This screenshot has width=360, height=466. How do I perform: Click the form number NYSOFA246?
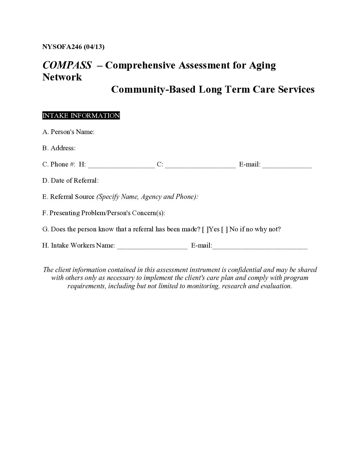tap(62, 47)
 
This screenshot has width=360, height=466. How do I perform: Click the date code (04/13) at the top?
tap(94, 47)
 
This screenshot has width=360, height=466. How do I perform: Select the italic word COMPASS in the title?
tap(67, 65)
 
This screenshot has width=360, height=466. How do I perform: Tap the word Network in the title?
tap(62, 77)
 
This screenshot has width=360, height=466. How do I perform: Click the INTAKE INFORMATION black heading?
tap(81, 116)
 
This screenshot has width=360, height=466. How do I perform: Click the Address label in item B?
tap(63, 148)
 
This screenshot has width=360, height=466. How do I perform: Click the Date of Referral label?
tap(74, 181)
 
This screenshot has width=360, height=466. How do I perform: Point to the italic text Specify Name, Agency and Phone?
tap(147, 197)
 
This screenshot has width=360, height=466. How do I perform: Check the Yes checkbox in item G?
tap(205, 229)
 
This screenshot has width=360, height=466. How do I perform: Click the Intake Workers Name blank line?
tap(152, 247)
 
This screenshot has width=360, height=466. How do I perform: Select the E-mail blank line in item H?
tap(260, 247)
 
